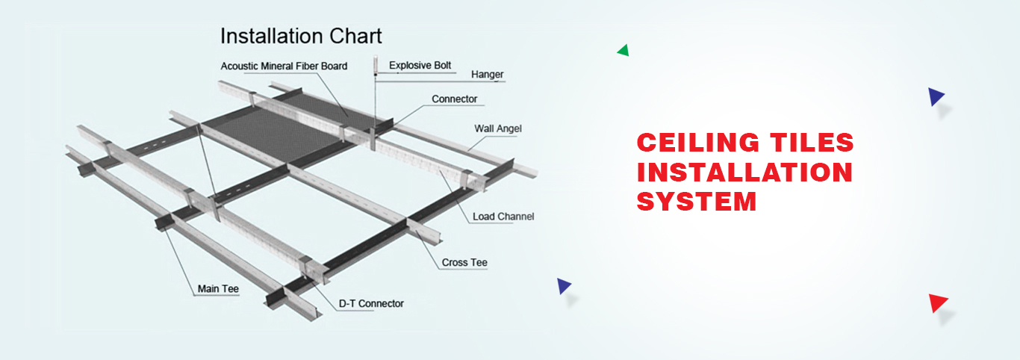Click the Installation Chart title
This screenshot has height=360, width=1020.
point(301,36)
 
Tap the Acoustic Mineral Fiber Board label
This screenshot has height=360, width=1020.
point(284,66)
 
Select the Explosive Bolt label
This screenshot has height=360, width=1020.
point(420,66)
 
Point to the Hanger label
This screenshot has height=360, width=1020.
point(488,75)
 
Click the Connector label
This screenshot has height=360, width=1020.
point(454,99)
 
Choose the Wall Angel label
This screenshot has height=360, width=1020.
point(498,129)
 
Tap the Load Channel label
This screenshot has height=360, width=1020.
point(503,217)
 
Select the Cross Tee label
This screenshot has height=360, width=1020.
point(464,262)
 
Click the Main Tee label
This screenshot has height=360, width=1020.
point(218,289)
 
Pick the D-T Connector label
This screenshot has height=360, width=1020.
point(371,303)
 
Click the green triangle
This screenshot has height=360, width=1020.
point(623,50)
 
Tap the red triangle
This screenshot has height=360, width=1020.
point(937,302)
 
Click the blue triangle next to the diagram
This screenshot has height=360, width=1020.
point(563,286)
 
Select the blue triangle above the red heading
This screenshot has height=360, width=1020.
point(936,96)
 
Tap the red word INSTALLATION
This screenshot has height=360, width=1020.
point(744,173)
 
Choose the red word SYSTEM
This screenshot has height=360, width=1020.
point(697,202)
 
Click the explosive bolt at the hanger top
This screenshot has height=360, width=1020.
point(376,65)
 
